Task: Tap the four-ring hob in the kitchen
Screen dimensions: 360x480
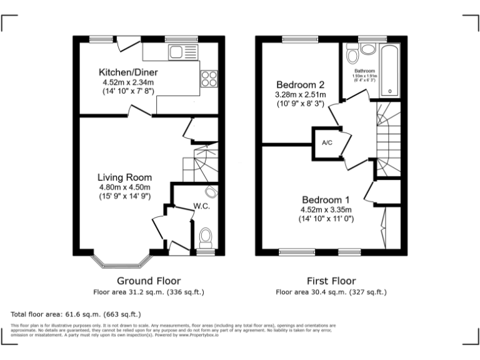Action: coord(209,78)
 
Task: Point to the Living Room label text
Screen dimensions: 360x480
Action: coord(125,177)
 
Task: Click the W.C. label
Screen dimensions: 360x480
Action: coord(201,206)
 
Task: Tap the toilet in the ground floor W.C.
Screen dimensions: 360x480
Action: coord(205,237)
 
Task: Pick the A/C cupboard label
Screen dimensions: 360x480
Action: coord(327,142)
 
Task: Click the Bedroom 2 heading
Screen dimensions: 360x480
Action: coord(300,85)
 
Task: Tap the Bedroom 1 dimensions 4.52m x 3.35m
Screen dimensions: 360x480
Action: coord(326,210)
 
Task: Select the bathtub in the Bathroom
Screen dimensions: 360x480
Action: coord(390,70)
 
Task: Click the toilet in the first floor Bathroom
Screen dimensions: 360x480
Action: coord(366,49)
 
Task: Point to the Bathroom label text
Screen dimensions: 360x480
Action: coord(364,71)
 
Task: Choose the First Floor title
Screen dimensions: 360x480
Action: coord(331,281)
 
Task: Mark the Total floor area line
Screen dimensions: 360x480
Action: coord(76,314)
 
